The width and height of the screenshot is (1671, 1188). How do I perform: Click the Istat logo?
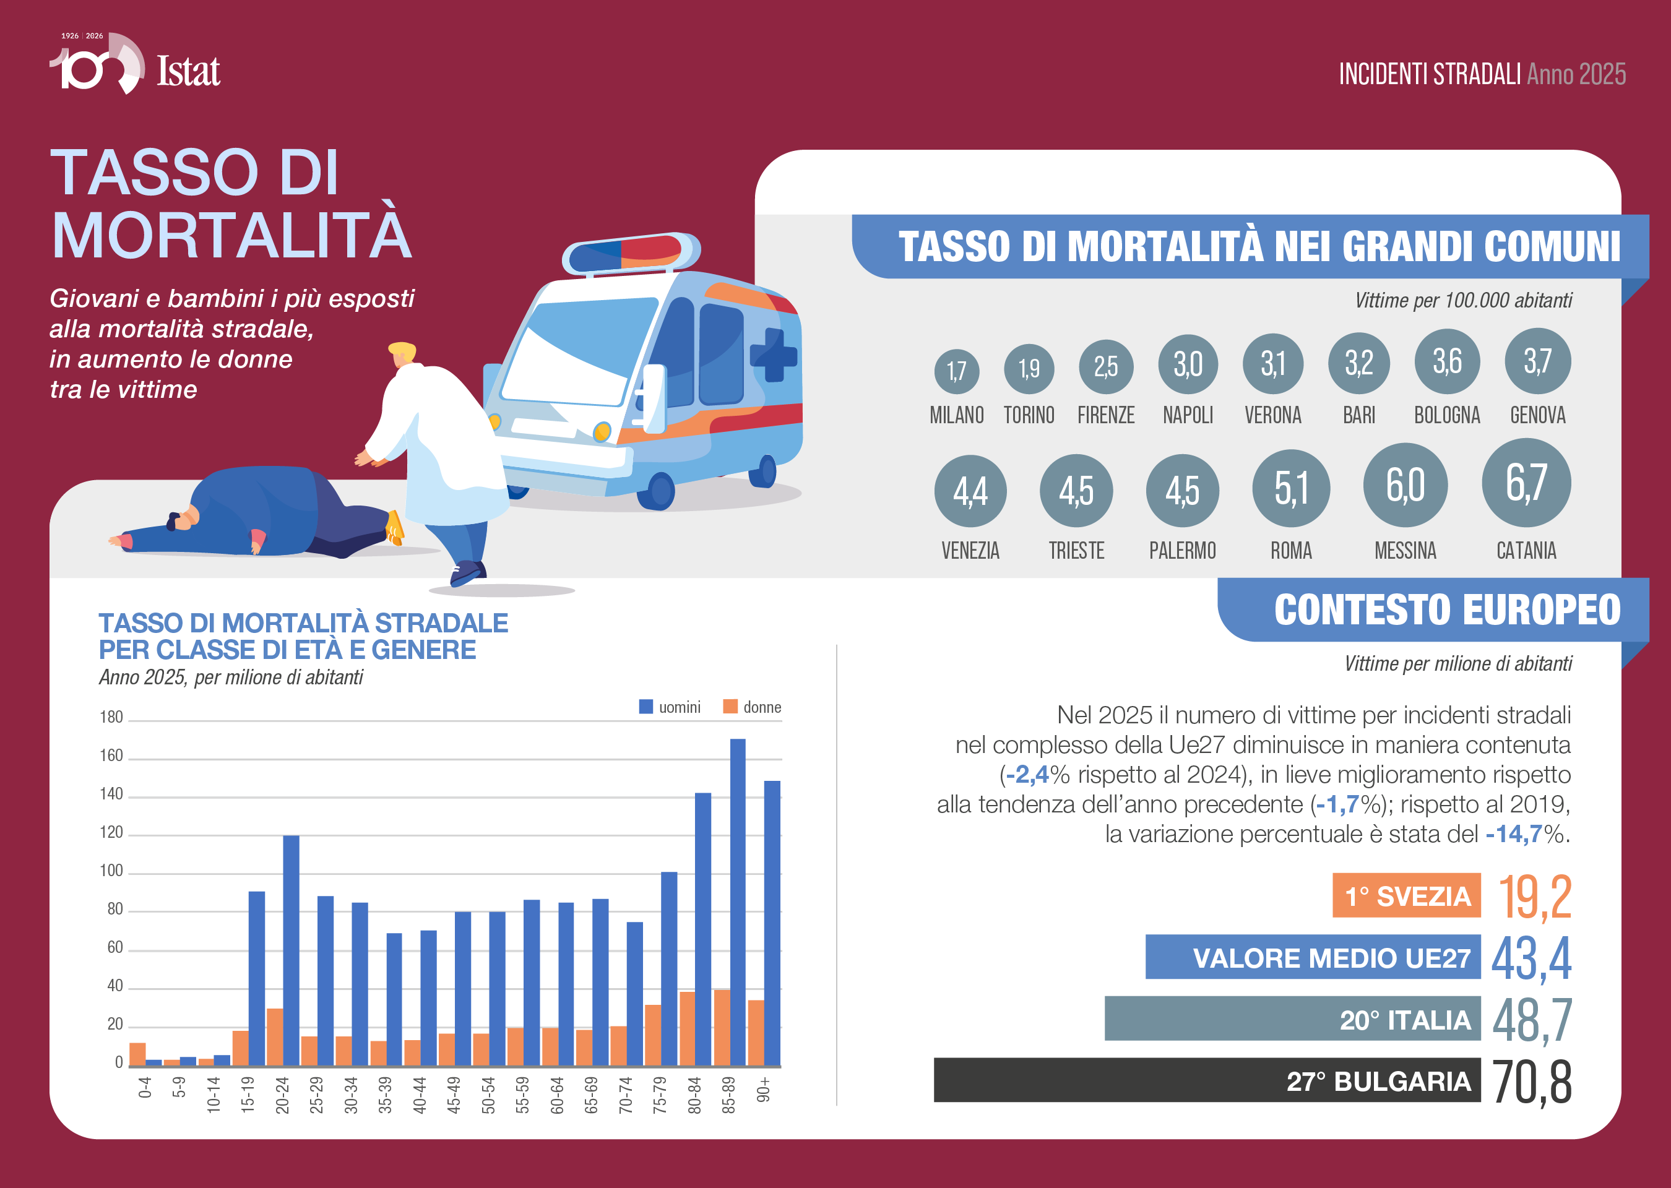click(136, 64)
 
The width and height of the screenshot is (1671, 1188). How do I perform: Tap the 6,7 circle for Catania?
click(1526, 483)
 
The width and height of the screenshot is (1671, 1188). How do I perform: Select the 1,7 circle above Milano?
click(956, 371)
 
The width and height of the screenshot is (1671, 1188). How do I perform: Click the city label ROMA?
click(1291, 550)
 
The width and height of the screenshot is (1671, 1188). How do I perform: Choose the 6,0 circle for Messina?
click(1405, 485)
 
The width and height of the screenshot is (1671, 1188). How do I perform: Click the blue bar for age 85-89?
click(738, 902)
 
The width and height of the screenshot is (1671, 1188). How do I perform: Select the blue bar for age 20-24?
click(291, 950)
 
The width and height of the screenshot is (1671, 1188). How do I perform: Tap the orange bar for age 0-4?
click(137, 1054)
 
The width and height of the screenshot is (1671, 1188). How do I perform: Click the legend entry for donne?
click(752, 707)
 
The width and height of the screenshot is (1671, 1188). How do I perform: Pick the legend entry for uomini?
click(670, 707)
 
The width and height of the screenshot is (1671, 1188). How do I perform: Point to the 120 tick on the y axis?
click(111, 832)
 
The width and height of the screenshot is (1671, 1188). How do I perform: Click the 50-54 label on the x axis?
click(488, 1095)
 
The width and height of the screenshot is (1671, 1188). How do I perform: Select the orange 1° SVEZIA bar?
click(1406, 895)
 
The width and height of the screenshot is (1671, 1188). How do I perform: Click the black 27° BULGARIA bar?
click(1207, 1080)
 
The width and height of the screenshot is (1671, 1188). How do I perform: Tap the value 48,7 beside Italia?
click(1531, 1019)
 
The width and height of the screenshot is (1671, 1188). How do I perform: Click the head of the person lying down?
click(183, 518)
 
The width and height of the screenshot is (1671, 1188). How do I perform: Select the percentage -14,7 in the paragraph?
click(1514, 834)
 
